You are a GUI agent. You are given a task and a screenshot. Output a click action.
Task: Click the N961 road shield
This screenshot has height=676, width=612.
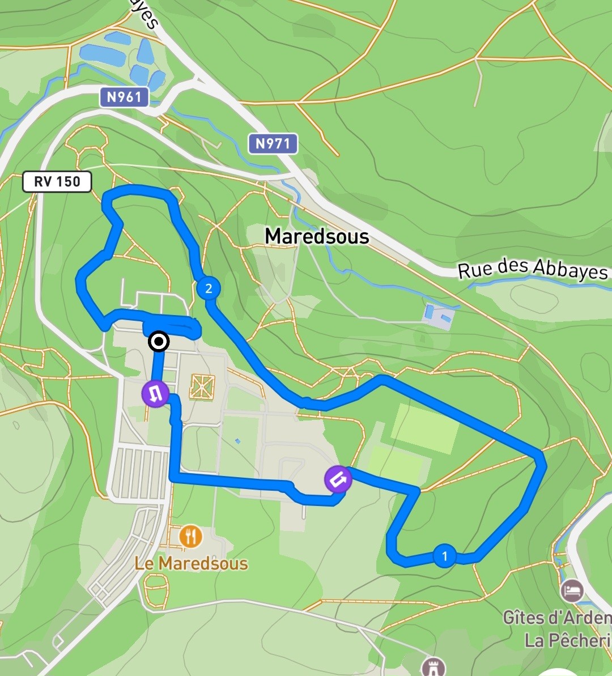[125, 97]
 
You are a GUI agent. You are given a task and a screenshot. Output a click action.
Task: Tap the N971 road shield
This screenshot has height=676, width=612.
[273, 143]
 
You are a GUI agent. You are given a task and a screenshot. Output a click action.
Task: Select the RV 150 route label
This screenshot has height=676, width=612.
[57, 182]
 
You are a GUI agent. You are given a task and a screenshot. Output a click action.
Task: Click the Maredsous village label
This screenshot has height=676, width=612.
[317, 236]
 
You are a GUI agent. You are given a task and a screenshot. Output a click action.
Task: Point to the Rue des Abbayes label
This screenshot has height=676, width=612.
[532, 269]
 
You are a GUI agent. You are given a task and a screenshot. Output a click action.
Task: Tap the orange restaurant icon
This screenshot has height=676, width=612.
[191, 535]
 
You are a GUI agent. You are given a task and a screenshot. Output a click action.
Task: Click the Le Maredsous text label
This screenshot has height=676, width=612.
[191, 563]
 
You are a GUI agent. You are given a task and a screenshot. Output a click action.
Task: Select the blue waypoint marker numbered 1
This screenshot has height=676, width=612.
[444, 556]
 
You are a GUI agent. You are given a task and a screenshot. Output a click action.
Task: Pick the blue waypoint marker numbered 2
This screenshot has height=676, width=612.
[209, 288]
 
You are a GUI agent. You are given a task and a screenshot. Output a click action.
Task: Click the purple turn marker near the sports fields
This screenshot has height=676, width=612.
[338, 479]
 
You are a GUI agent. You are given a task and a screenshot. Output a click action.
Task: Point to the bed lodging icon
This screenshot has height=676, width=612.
[572, 591]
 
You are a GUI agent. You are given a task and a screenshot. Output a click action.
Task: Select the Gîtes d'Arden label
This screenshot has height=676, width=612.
[557, 617]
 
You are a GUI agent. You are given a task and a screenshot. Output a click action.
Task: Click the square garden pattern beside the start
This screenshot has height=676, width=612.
[202, 385]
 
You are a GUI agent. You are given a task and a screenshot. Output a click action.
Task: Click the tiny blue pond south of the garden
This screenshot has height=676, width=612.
[237, 440]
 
